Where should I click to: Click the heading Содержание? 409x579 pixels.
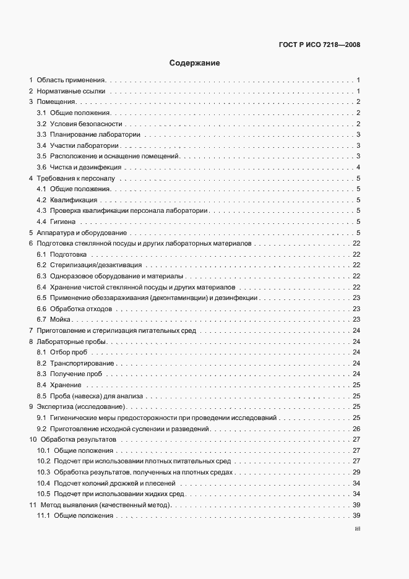click(194, 62)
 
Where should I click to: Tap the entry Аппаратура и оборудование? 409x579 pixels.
click(82, 233)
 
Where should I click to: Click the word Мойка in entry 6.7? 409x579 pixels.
click(61, 319)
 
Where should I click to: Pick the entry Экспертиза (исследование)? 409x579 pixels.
click(81, 406)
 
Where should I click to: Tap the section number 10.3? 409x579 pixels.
click(44, 472)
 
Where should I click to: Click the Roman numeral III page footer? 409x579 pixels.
click(357, 529)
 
